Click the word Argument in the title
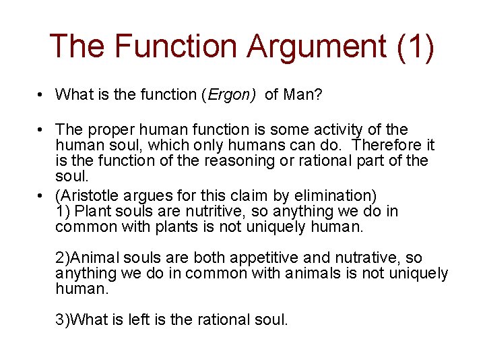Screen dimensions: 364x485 point(316,46)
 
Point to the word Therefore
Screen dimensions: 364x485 point(387,145)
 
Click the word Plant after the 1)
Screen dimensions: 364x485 point(92,212)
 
